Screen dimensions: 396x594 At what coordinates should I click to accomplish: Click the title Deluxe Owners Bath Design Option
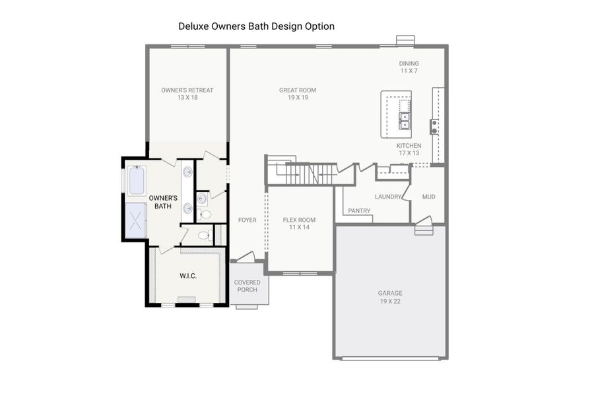[256, 26]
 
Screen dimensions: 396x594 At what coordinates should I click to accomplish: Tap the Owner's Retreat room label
[187, 94]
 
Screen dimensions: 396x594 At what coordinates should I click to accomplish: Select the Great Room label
[298, 94]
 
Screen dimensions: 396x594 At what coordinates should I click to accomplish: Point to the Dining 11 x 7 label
[409, 67]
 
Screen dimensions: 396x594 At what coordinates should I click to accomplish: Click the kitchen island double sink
[405, 121]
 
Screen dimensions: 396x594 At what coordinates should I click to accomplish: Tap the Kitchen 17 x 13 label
[409, 149]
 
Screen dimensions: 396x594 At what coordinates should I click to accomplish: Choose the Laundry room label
[387, 197]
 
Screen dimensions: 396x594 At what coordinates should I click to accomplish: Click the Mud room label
[428, 197]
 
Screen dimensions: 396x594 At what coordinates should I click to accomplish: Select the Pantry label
[359, 211]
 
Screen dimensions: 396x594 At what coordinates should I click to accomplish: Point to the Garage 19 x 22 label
[390, 297]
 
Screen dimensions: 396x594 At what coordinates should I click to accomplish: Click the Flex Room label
[299, 223]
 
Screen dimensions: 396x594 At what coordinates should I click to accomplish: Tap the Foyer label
[247, 220]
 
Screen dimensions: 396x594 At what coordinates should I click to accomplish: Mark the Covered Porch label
[247, 286]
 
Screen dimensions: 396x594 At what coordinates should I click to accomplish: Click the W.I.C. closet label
[189, 275]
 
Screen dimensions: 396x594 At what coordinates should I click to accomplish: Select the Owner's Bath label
[162, 202]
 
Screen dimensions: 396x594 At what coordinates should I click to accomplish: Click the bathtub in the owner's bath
[137, 181]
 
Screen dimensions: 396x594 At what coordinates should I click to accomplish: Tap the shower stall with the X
[136, 220]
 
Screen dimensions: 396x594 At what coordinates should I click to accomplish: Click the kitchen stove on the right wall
[434, 126]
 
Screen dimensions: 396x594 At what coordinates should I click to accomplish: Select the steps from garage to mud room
[424, 230]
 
